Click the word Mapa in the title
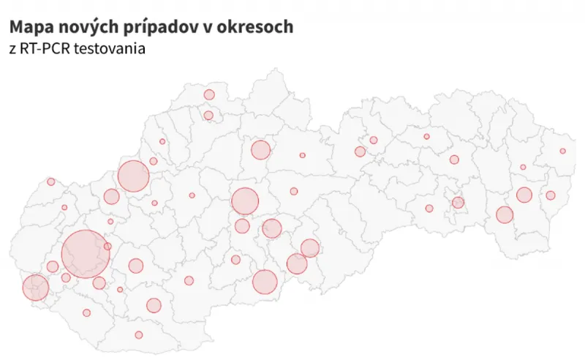pyautogui.click(x=29, y=28)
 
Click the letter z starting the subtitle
pyautogui.click(x=12, y=50)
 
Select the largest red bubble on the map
pyautogui.click(x=86, y=253)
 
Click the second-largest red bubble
pyautogui.click(x=133, y=176)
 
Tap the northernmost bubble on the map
pyautogui.click(x=209, y=94)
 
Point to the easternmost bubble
pyautogui.click(x=562, y=151)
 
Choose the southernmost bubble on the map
pyautogui.click(x=139, y=335)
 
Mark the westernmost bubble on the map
pyautogui.click(x=34, y=288)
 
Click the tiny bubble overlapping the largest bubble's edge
pyautogui.click(x=107, y=247)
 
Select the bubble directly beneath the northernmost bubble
pyautogui.click(x=208, y=115)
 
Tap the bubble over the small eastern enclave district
pyautogui.click(x=458, y=203)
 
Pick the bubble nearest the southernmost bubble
pyautogui.click(x=154, y=305)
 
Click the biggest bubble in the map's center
pyautogui.click(x=245, y=201)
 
